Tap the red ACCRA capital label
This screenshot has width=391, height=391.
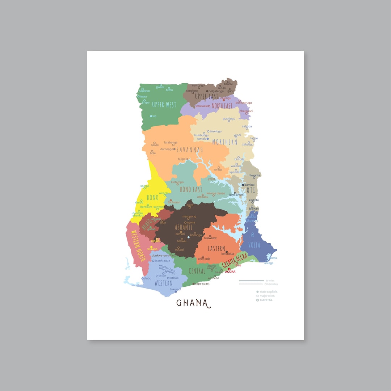coord(230,272)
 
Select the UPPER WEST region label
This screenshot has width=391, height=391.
coord(164,105)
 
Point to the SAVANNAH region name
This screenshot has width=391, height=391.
coord(189,150)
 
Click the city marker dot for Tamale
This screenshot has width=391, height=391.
coord(208,139)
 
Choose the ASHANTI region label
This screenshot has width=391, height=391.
coord(184,227)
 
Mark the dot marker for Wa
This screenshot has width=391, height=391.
coord(151,116)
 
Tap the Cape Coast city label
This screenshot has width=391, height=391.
coord(202,284)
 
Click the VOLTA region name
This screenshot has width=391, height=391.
coord(254,245)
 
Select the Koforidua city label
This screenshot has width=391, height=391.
coord(228,254)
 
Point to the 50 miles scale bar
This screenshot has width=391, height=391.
coord(252,281)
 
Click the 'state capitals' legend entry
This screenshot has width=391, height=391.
coord(269,292)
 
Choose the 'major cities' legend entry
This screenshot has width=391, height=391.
coord(267,296)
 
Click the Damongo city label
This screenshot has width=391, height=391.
coord(167,149)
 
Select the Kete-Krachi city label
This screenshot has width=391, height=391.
coord(237,195)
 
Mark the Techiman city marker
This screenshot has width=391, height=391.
coord(171,200)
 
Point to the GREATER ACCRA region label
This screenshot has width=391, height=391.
coord(235,261)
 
